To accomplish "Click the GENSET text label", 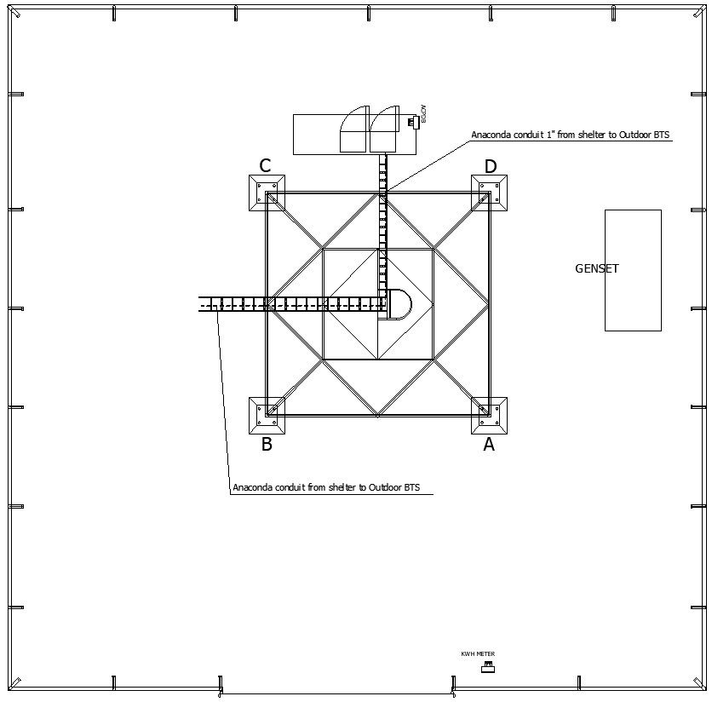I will [597, 268].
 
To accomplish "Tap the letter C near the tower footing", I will [265, 166].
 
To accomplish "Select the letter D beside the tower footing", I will [491, 166].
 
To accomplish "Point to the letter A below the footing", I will [489, 444].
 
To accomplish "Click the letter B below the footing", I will [267, 444].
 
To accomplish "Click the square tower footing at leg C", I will [267, 193].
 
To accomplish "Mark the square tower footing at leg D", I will [490, 193].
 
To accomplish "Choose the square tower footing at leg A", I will [490, 415].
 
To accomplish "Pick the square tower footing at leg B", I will [267, 415].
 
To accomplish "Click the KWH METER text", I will [478, 654].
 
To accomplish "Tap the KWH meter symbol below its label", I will [487, 667].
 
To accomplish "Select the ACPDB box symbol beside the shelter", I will [412, 122].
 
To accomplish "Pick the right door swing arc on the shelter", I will [384, 130].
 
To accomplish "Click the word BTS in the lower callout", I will [411, 488].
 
